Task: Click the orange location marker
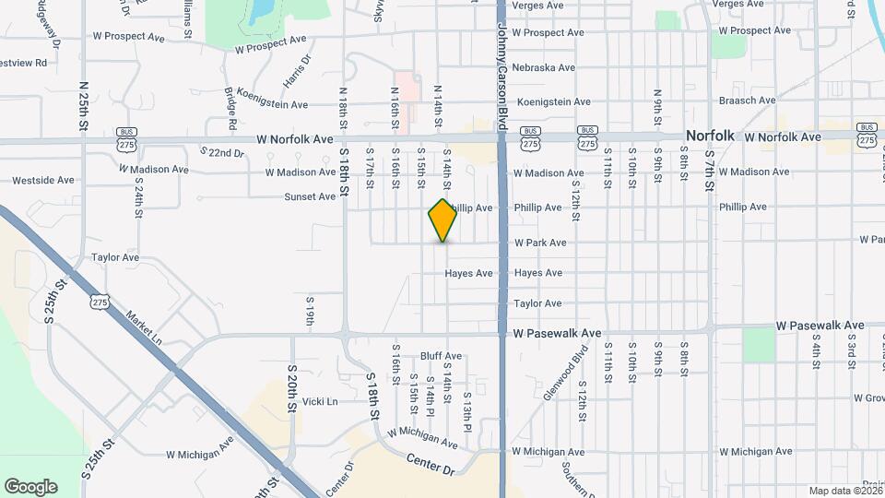[443, 219]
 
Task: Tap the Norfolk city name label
[710, 136]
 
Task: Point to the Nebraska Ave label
[544, 67]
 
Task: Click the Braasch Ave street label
[748, 101]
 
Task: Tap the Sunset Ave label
[310, 196]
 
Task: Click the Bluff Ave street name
[441, 356]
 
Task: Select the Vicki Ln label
[320, 401]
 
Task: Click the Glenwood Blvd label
[553, 373]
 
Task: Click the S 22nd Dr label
[221, 152]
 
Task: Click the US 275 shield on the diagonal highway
[100, 302]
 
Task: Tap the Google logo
[30, 487]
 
